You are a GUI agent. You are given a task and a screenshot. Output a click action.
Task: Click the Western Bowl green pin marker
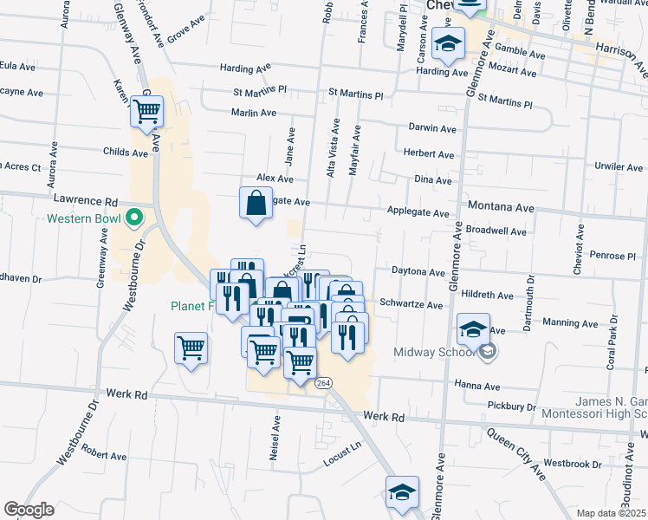click(x=133, y=218)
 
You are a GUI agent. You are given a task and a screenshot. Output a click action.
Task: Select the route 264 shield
click(x=322, y=382)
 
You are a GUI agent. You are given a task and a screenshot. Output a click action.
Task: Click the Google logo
click(x=29, y=510)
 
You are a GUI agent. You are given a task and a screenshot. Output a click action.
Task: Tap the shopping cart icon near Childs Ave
click(x=147, y=111)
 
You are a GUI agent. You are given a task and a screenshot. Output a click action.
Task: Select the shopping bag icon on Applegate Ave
click(x=256, y=204)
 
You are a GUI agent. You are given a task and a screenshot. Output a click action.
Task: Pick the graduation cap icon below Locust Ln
click(x=402, y=491)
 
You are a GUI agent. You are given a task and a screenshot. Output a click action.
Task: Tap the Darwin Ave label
click(x=432, y=129)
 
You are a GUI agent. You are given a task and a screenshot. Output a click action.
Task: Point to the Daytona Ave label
click(x=418, y=271)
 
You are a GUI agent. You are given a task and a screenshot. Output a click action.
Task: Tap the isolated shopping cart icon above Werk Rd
click(x=191, y=348)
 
